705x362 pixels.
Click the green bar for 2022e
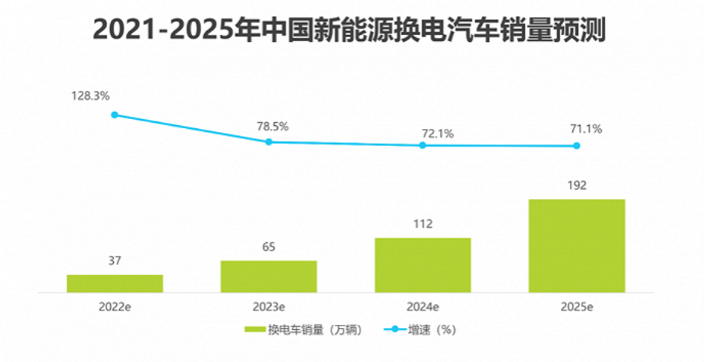click(115, 283)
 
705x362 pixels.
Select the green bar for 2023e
click(269, 276)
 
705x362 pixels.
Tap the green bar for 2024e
click(423, 265)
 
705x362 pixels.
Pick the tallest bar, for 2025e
click(577, 245)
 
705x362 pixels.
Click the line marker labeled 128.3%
click(115, 115)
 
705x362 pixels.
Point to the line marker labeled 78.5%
click(269, 142)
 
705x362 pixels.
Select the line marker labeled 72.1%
click(423, 145)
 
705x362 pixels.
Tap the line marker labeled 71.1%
click(577, 146)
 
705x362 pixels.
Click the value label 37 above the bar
click(115, 261)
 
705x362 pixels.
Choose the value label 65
click(269, 247)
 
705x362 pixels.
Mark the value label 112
click(423, 224)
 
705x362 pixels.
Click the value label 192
click(577, 185)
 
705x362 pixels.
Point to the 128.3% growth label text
click(92, 96)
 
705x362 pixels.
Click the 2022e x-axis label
click(115, 307)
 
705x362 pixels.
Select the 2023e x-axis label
click(269, 307)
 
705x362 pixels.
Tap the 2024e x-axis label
click(423, 307)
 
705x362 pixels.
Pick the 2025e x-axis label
click(577, 307)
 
